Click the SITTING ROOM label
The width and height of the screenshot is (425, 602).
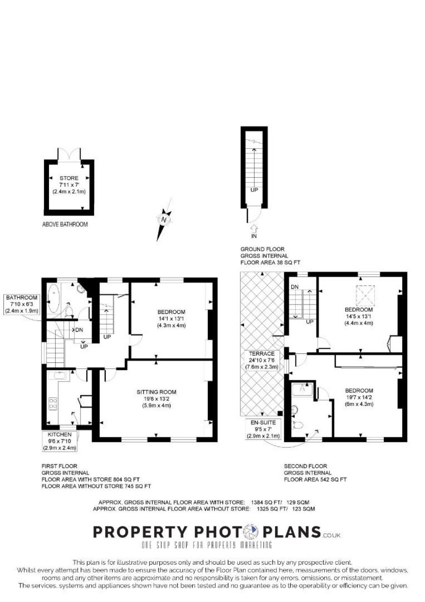click(156, 398)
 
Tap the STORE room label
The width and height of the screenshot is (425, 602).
click(69, 184)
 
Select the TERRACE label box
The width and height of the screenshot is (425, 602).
click(261, 360)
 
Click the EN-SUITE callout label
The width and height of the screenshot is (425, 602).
click(263, 429)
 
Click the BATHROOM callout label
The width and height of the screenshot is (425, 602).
click(22, 304)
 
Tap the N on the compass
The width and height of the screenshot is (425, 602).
click(164, 219)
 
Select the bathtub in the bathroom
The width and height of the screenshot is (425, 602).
click(54, 298)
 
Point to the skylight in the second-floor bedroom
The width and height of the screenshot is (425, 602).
click(365, 295)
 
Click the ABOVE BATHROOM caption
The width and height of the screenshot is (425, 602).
click(65, 224)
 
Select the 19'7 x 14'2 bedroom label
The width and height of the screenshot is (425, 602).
click(359, 397)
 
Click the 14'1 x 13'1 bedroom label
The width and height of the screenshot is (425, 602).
click(171, 319)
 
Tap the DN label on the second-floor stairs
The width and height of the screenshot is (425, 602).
click(295, 287)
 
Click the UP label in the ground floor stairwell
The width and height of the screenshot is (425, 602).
click(254, 190)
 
